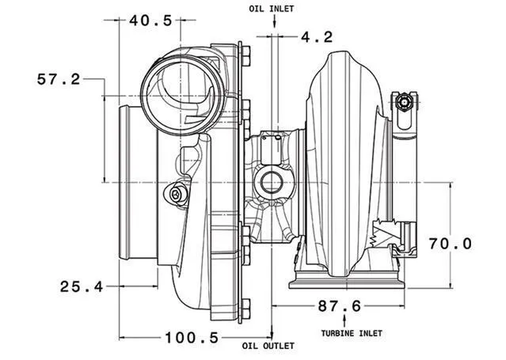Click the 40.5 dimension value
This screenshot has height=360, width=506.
[x=150, y=21]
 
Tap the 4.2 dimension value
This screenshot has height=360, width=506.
[x=317, y=36]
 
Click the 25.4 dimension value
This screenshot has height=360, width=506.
[x=82, y=286]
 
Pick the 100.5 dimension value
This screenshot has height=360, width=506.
[x=192, y=338]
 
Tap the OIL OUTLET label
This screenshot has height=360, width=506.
[x=268, y=347]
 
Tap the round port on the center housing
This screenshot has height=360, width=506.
[x=272, y=184]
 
